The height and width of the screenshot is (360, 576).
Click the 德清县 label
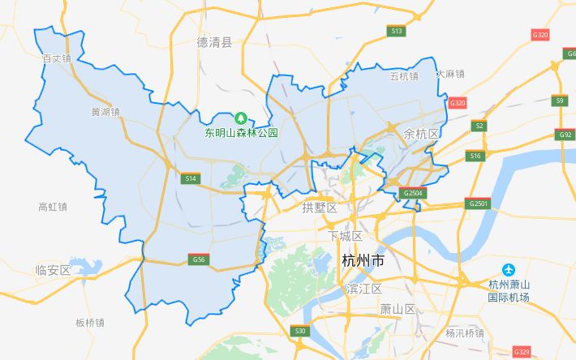(x=214, y=42)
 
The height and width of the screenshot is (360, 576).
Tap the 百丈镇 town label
(x=57, y=59)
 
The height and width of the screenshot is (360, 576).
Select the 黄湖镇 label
(x=105, y=112)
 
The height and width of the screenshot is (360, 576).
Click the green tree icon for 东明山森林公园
(x=240, y=118)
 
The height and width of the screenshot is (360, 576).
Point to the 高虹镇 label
(x=53, y=207)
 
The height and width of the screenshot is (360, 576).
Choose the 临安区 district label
(x=54, y=270)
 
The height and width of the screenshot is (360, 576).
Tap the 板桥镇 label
(x=90, y=323)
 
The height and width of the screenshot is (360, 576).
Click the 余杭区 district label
(x=421, y=133)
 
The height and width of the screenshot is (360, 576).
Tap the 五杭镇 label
(x=403, y=76)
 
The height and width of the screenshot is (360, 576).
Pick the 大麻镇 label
(x=449, y=74)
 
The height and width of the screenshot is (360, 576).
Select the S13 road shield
(x=396, y=31)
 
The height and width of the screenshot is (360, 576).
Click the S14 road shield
(x=191, y=178)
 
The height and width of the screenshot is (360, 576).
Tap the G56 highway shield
(x=198, y=259)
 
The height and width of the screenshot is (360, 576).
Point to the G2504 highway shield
(x=413, y=193)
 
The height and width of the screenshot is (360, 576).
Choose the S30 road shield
(x=300, y=331)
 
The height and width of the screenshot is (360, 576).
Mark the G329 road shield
(x=522, y=352)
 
